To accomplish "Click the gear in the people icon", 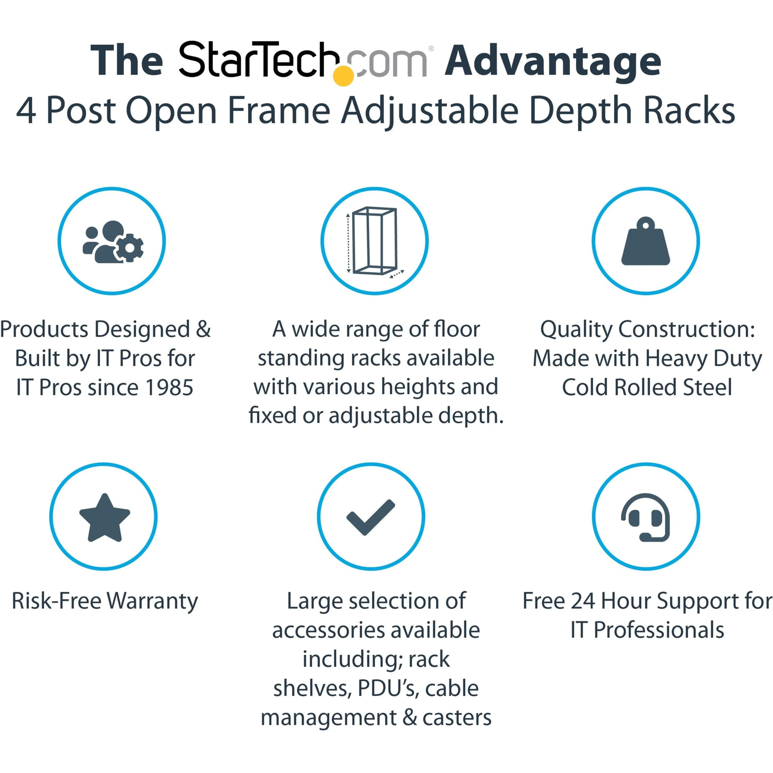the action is coord(130,248).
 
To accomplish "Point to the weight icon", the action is coord(645,241).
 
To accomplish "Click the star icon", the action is coord(105,518).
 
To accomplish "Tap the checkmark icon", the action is coord(371,517).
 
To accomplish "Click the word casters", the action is coord(457,718).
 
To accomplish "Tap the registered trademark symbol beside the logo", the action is coord(431,48).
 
